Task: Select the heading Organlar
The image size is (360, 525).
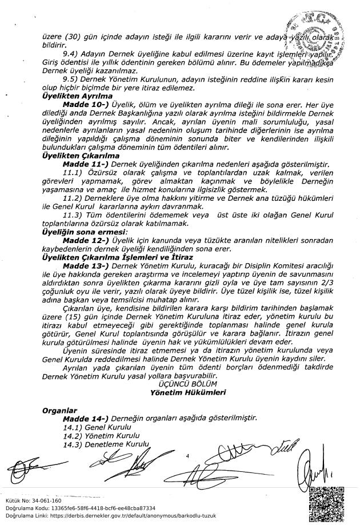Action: pyautogui.click(x=59, y=410)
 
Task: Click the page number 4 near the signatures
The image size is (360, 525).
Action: pyautogui.click(x=187, y=456)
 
